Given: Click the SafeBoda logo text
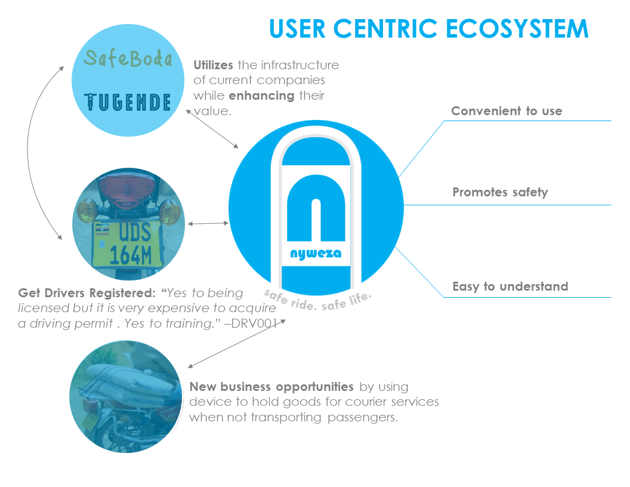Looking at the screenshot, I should point(128,58).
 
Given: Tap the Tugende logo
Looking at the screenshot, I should point(128,102).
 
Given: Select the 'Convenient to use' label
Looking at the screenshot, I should point(507,111).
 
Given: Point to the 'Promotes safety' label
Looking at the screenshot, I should point(500,192).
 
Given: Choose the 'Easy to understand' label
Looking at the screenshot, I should point(510,286).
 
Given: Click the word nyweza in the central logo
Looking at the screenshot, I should point(316,254).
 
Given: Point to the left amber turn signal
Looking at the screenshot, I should point(87,211).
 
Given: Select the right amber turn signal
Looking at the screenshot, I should point(170,211).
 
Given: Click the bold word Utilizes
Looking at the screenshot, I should point(213,65).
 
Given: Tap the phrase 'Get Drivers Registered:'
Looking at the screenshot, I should point(88,294).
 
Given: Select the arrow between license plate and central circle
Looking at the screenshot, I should point(208,224).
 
